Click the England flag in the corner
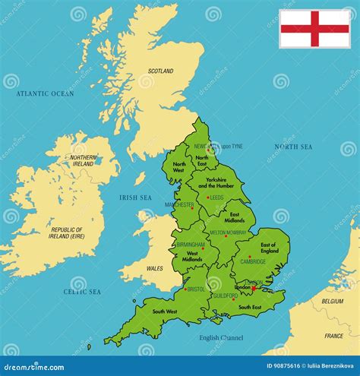[x=314, y=29]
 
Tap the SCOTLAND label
[x=160, y=71]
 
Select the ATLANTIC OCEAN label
[x=45, y=93]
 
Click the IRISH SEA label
[x=136, y=197]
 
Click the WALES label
[x=154, y=268]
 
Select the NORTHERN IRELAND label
[x=84, y=160]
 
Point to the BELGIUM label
[x=332, y=301]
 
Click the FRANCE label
[x=333, y=335]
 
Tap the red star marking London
[x=254, y=288]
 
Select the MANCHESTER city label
[x=182, y=204]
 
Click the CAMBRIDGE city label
[x=253, y=261]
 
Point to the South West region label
[x=165, y=311]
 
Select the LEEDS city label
[x=217, y=197]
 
